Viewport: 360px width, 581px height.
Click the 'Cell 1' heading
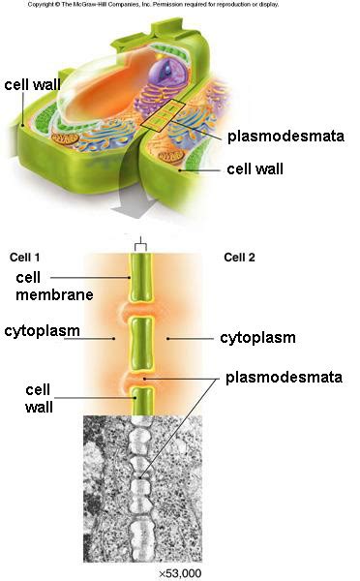click(x=26, y=257)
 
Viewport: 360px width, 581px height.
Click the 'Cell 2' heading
click(x=241, y=257)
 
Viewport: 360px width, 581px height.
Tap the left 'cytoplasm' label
click(x=41, y=331)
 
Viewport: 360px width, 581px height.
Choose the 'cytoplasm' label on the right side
click(x=256, y=338)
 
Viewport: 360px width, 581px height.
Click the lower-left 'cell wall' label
click(x=40, y=399)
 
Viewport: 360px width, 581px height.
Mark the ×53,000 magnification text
click(x=180, y=573)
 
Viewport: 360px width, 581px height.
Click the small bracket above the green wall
click(x=141, y=243)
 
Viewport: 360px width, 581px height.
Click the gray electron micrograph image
click(x=142, y=489)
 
